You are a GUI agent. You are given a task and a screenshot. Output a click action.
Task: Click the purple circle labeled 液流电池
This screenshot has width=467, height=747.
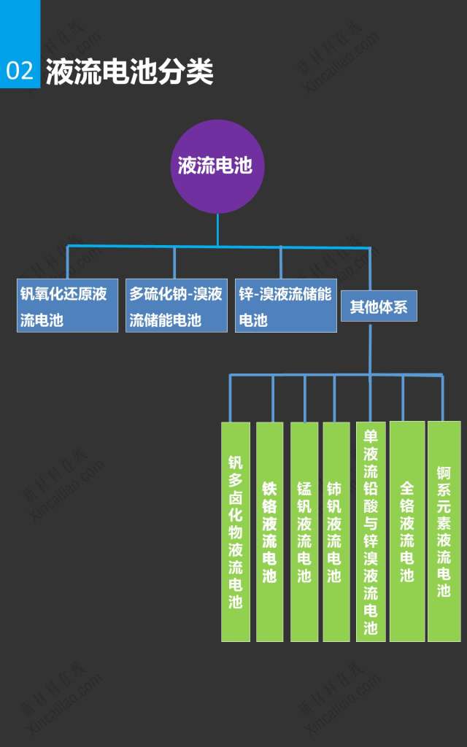pyautogui.click(x=217, y=166)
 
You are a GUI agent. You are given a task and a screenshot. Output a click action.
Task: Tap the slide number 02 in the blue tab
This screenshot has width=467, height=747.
pyautogui.click(x=20, y=71)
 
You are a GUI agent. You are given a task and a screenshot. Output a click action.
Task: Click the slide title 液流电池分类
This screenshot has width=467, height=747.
pyautogui.click(x=130, y=72)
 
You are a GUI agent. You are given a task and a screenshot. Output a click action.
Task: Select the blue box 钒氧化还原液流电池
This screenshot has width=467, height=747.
pyautogui.click(x=67, y=305)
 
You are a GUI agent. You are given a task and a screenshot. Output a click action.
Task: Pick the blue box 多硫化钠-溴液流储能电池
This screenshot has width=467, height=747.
pyautogui.click(x=176, y=305)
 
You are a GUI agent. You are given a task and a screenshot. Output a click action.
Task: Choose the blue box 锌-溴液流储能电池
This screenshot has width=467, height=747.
pyautogui.click(x=285, y=305)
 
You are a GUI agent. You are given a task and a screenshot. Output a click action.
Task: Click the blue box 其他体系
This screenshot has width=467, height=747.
pyautogui.click(x=379, y=306)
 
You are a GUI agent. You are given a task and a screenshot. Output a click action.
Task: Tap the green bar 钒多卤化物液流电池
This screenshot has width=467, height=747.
pyautogui.click(x=236, y=531)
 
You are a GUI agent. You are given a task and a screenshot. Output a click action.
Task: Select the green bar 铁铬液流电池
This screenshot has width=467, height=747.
pyautogui.click(x=270, y=531)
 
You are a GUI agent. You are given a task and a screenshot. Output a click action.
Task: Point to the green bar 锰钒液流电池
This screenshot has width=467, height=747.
pyautogui.click(x=304, y=531)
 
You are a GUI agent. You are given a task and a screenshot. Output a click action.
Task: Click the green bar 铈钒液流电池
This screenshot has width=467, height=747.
pyautogui.click(x=336, y=531)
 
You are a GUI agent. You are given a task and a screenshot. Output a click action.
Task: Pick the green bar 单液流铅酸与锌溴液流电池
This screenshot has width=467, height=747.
pyautogui.click(x=371, y=531)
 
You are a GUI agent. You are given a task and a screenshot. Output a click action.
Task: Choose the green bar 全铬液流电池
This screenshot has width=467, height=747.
pyautogui.click(x=406, y=531)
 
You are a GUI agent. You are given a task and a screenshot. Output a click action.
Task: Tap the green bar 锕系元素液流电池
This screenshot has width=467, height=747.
pyautogui.click(x=444, y=531)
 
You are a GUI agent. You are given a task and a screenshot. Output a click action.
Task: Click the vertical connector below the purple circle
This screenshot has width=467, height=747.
pyautogui.click(x=217, y=229)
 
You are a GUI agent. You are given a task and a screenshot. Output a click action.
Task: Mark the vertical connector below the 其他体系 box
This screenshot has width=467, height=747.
pyautogui.click(x=371, y=349)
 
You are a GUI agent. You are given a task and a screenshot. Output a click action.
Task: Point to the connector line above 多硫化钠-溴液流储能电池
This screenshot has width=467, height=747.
pyautogui.click(x=174, y=263)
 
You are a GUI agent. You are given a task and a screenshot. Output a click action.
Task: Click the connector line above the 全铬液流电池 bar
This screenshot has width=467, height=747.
pyautogui.click(x=403, y=398)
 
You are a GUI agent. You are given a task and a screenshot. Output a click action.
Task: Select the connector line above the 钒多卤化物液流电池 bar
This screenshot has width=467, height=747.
pyautogui.click(x=231, y=398)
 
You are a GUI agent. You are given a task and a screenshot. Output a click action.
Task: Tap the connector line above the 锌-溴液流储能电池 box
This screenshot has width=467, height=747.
pyautogui.click(x=280, y=263)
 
